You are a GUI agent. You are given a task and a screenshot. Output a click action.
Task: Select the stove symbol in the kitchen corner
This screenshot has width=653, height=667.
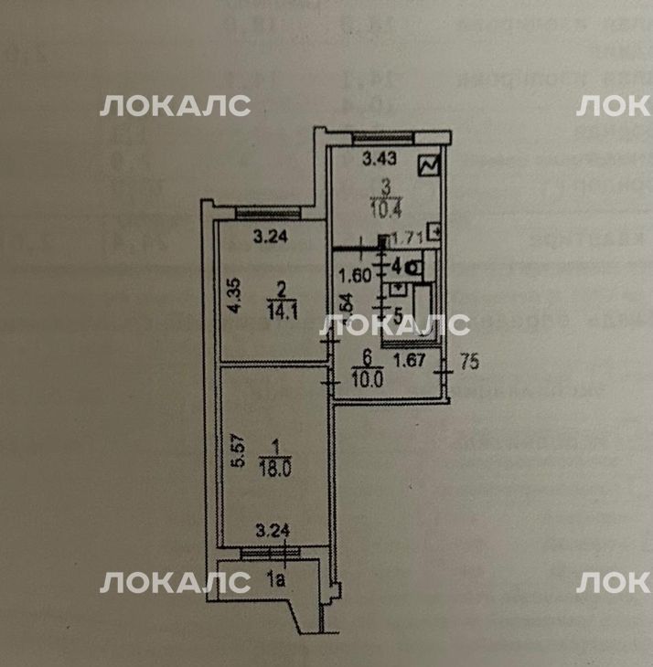click(428, 166)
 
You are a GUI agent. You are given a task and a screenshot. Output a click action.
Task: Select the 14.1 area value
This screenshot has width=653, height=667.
click(282, 309)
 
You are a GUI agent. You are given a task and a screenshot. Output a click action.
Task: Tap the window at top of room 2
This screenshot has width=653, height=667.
click(261, 214)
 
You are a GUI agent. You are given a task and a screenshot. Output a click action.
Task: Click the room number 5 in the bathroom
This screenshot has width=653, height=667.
click(374, 311)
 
